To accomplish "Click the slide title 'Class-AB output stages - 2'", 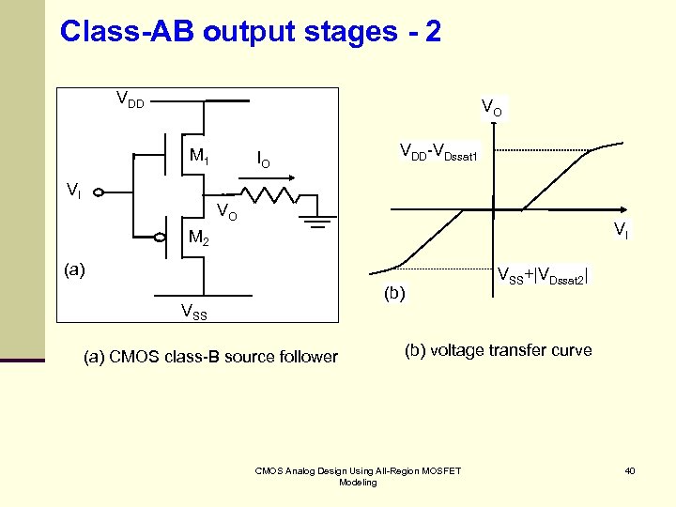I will click(x=250, y=32).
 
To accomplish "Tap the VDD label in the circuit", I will click(x=130, y=99).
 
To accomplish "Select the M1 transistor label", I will click(x=199, y=155).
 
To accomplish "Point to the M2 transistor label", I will click(x=197, y=238).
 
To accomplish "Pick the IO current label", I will click(x=264, y=161).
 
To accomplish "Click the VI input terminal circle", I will click(x=99, y=194).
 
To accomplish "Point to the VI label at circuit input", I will click(x=73, y=190).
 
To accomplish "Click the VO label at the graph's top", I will click(x=491, y=108).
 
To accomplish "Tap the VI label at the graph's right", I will click(x=621, y=228).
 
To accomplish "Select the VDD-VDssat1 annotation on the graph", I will click(x=438, y=151).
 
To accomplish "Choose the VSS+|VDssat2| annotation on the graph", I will click(x=542, y=276).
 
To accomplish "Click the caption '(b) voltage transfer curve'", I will click(x=498, y=350).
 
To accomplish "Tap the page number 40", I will click(x=629, y=470).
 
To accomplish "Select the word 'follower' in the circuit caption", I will click(x=307, y=357).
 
